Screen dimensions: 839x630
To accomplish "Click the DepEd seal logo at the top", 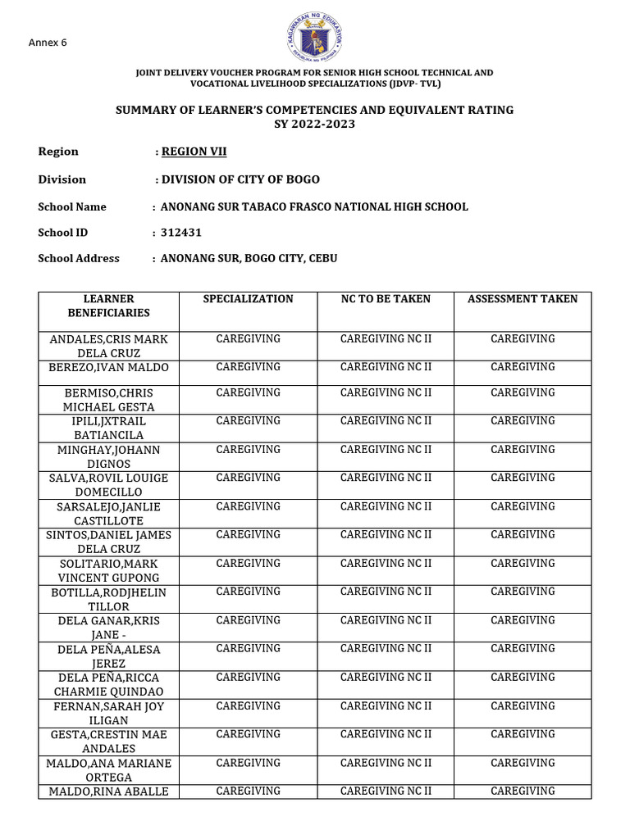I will tap(314, 39).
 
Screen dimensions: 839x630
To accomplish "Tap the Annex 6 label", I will tap(48, 43).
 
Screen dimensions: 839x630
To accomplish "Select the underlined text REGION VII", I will tap(194, 152).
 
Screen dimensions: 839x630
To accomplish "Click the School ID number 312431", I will tap(181, 234).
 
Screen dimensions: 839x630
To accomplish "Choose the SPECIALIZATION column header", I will tap(248, 299).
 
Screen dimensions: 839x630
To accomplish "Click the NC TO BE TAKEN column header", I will tap(386, 299).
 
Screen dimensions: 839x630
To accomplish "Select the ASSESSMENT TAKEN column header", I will tap(523, 299).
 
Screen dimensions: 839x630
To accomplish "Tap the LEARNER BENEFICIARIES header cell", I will tap(103, 306).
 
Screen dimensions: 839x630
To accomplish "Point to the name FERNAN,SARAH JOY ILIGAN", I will tap(103, 713).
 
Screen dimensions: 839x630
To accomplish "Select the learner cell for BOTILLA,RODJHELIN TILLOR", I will tap(103, 599).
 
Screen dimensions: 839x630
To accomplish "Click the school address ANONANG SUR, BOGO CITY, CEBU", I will tap(249, 258).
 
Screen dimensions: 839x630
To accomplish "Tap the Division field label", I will tap(62, 179).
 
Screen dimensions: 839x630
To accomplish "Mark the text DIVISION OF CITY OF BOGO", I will tap(240, 179).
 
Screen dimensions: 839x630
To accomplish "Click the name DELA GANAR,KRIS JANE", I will tap(103, 628).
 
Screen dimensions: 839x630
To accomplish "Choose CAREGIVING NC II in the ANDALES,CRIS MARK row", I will tap(386, 338).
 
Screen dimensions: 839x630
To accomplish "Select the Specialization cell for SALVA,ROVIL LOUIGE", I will tap(248, 478).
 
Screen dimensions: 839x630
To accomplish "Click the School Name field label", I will tap(72, 207).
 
